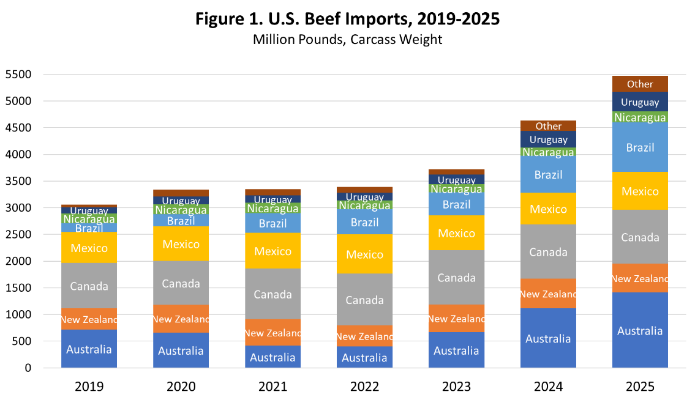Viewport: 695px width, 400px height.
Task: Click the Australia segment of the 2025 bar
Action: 640,330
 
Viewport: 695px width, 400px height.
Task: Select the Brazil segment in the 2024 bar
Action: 548,174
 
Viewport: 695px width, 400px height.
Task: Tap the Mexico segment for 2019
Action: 89,248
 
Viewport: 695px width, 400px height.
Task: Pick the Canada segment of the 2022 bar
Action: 364,300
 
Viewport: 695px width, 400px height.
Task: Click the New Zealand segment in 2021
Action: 272,333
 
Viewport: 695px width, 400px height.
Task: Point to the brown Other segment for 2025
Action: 640,84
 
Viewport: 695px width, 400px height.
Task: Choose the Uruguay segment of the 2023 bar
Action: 456,180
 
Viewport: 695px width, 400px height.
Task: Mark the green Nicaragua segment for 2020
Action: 181,210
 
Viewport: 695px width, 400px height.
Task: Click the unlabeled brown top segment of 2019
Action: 89,207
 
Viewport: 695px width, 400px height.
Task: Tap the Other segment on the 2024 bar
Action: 548,126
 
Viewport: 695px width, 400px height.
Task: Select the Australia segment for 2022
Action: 364,357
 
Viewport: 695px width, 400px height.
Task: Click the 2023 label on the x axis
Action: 456,387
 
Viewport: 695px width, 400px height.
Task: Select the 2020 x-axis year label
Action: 181,387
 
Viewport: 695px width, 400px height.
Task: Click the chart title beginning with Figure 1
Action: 347,19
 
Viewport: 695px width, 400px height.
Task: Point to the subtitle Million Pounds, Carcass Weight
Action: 347,40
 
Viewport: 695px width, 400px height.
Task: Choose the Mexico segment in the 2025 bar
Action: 640,191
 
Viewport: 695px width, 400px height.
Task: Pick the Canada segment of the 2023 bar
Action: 456,278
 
